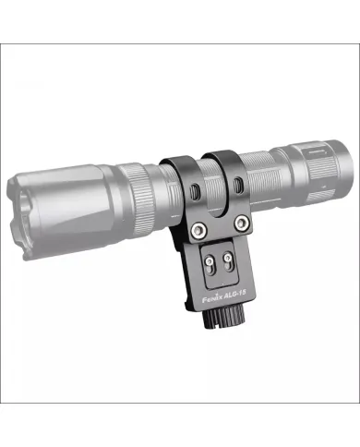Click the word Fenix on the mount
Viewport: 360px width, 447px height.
tap(212, 298)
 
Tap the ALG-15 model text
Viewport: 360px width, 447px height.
tap(235, 294)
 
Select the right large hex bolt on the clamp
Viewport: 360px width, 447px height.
tap(241, 222)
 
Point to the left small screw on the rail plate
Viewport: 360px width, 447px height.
tap(210, 262)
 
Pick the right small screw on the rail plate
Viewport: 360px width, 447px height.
tap(228, 257)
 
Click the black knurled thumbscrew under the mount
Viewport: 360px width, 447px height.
tap(223, 318)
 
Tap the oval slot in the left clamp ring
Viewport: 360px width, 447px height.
tap(194, 192)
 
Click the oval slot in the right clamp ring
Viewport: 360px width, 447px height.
tap(237, 186)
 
